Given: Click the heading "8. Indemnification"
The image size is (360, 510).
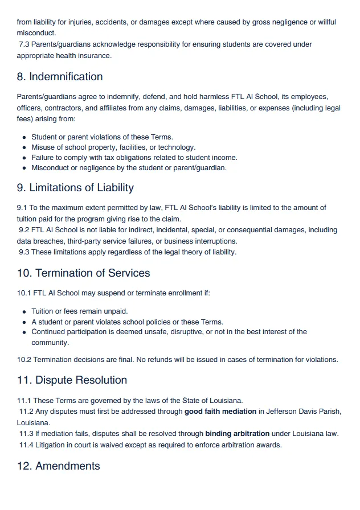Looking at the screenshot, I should pyautogui.click(x=60, y=77).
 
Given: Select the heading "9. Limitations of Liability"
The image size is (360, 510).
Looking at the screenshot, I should pyautogui.click(x=75, y=188).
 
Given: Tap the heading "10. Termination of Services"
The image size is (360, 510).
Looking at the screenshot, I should pyautogui.click(x=83, y=273).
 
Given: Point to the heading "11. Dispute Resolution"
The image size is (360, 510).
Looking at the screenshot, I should pyautogui.click(x=72, y=380).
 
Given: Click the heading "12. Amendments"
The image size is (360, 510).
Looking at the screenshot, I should pyautogui.click(x=58, y=466).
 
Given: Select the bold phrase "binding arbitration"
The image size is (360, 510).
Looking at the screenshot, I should pyautogui.click(x=238, y=434).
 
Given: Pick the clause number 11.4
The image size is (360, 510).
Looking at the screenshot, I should pyautogui.click(x=26, y=445).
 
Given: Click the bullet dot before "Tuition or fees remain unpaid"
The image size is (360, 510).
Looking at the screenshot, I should pyautogui.click(x=24, y=312).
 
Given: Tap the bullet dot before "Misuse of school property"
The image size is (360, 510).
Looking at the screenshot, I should pyautogui.click(x=24, y=148).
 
